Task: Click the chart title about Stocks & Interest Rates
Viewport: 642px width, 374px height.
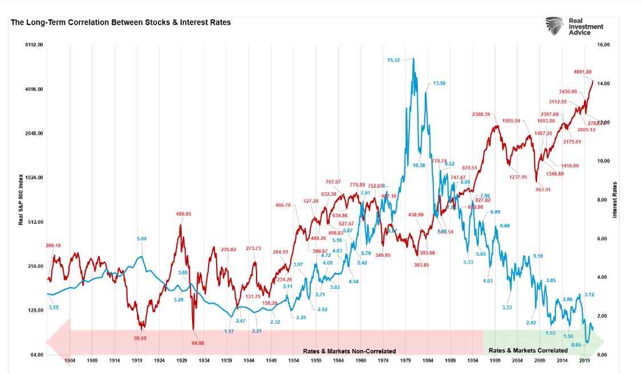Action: tap(120, 22)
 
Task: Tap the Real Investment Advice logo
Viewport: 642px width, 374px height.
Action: tap(574, 26)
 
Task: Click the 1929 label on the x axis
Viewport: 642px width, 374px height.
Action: tap(182, 361)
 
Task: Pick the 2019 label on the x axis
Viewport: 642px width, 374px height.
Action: tap(584, 361)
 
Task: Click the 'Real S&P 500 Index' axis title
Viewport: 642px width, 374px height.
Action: tap(21, 199)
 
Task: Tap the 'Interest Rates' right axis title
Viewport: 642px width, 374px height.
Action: tap(615, 200)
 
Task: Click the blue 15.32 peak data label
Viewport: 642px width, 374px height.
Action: tap(393, 60)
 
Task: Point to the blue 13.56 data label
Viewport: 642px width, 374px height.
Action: tap(439, 83)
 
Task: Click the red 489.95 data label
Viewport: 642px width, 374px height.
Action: tap(183, 214)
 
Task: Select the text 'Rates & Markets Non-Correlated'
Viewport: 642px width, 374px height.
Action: tap(349, 351)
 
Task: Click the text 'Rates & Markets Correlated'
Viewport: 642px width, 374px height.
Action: tap(528, 350)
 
